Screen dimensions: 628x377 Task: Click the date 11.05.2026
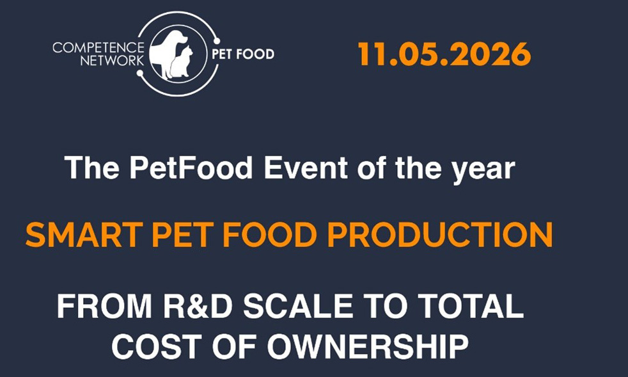point(444,54)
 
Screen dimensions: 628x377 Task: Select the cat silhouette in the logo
point(182,62)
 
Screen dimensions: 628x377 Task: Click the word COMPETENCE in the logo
point(98,48)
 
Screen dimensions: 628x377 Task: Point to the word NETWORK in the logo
point(112,61)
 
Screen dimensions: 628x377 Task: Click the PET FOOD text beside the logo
point(243,54)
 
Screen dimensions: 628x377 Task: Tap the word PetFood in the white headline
point(191,168)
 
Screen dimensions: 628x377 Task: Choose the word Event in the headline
point(306,168)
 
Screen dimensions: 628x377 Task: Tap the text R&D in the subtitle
point(198,306)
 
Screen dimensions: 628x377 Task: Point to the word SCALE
point(298,306)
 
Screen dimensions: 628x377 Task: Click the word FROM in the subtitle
point(104,306)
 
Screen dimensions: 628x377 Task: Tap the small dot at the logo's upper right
point(217,41)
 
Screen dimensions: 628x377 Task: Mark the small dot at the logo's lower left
point(140,74)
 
